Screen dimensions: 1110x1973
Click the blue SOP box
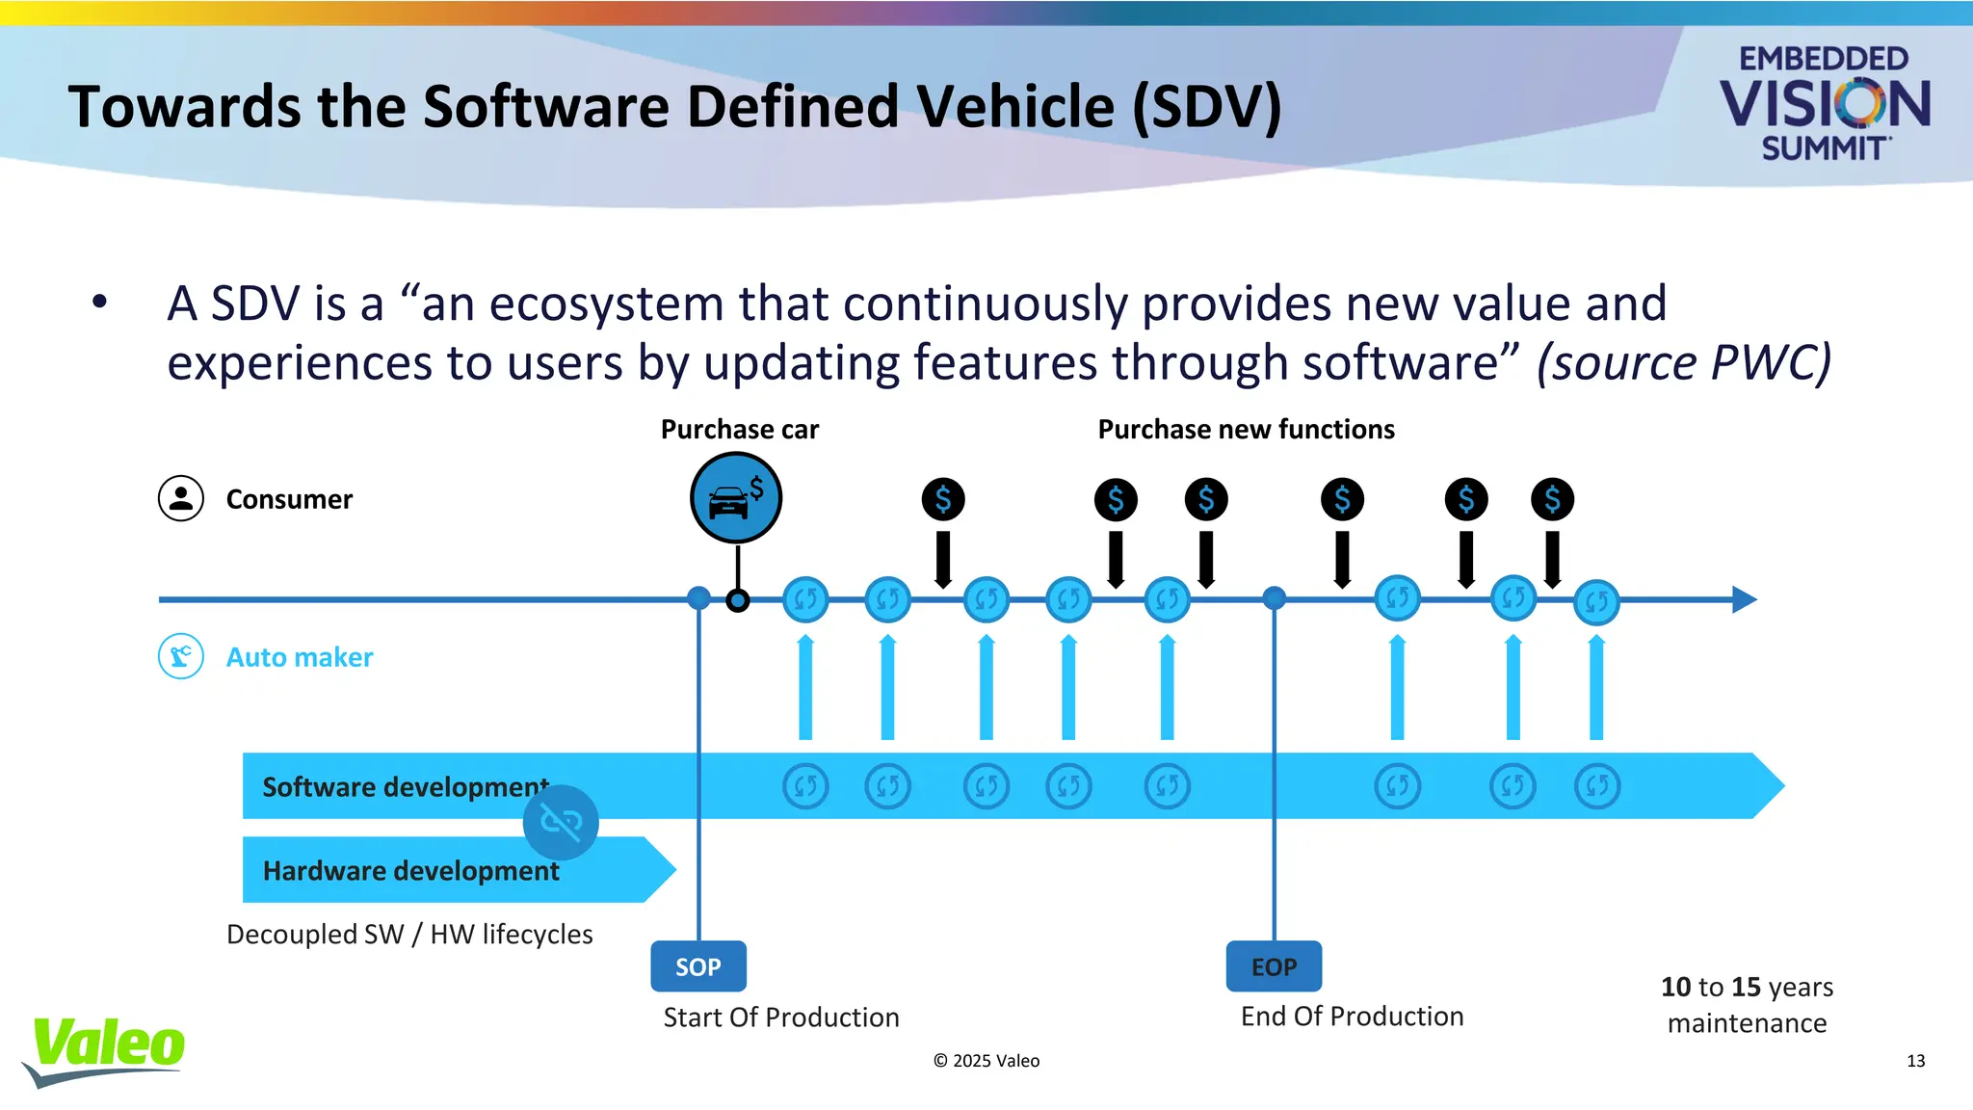[x=698, y=966]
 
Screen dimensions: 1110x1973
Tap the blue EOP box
[x=1274, y=966]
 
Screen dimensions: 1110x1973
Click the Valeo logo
[x=106, y=1049]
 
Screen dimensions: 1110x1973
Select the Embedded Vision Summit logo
[x=1824, y=103]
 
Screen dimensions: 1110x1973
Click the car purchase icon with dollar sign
[x=736, y=498]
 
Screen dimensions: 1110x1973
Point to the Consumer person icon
[x=181, y=498]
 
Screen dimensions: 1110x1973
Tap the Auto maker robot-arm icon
[x=181, y=656]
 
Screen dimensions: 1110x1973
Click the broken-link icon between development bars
[x=561, y=822]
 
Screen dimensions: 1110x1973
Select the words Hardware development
[x=410, y=871]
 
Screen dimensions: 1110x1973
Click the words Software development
[x=405, y=787]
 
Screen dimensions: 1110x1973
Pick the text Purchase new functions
[x=1246, y=430]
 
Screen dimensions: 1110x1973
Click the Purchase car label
[x=739, y=430]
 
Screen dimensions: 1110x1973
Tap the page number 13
[x=1915, y=1061]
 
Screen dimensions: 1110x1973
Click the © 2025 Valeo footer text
[x=986, y=1061]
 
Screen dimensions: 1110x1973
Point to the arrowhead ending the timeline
[x=1744, y=599]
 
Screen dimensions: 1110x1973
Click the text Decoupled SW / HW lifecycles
[x=409, y=935]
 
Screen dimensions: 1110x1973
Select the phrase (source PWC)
[x=1683, y=363]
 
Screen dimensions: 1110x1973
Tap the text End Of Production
[x=1352, y=1017]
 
